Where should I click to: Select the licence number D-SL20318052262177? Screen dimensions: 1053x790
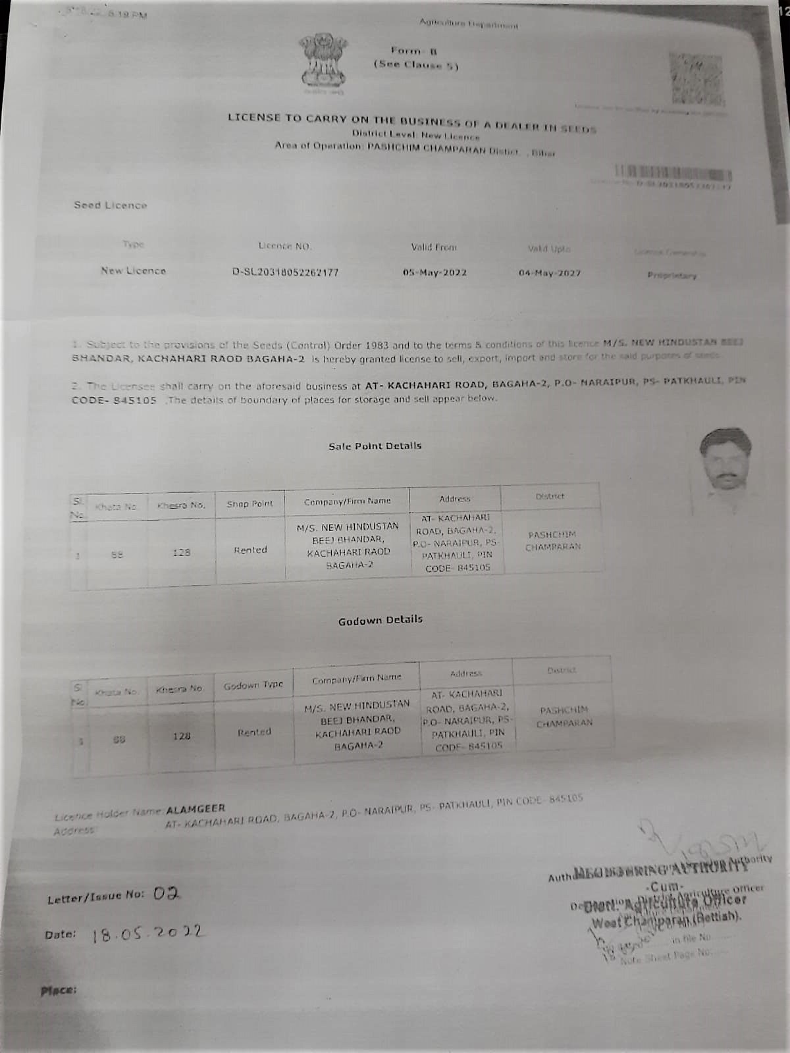pyautogui.click(x=285, y=272)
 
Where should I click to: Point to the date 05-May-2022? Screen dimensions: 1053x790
pyautogui.click(x=434, y=272)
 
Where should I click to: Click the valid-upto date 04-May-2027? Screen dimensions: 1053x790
pyautogui.click(x=549, y=272)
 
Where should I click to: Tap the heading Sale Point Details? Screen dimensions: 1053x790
pyautogui.click(x=375, y=446)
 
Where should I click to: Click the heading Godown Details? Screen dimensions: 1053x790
pyautogui.click(x=380, y=620)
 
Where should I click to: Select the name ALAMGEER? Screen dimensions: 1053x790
pyautogui.click(x=196, y=808)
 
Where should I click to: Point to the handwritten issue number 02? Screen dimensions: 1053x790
pyautogui.click(x=166, y=894)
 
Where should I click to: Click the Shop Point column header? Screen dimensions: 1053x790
pyautogui.click(x=250, y=504)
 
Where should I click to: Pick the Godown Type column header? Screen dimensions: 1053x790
pyautogui.click(x=253, y=685)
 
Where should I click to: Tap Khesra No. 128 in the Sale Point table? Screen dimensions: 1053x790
pyautogui.click(x=181, y=553)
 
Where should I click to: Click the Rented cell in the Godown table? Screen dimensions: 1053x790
pyautogui.click(x=254, y=732)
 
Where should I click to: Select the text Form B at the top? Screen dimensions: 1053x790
pyautogui.click(x=415, y=50)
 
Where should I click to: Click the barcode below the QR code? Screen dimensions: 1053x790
pyautogui.click(x=673, y=174)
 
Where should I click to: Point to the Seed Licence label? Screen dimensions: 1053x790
pyautogui.click(x=110, y=205)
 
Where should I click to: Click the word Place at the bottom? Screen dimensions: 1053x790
pyautogui.click(x=59, y=989)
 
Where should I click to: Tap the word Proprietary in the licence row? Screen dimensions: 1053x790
pyautogui.click(x=671, y=276)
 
